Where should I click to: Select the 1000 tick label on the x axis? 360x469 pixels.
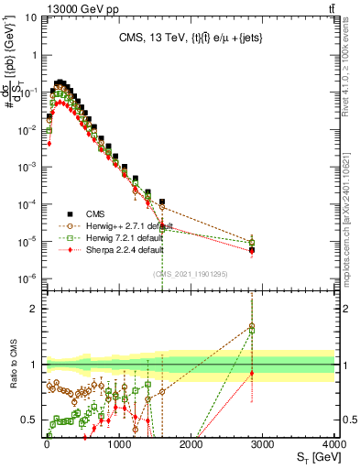[x=118, y=444]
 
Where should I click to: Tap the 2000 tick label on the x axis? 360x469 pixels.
[x=191, y=444]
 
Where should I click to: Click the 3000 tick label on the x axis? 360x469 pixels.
[x=263, y=444]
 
